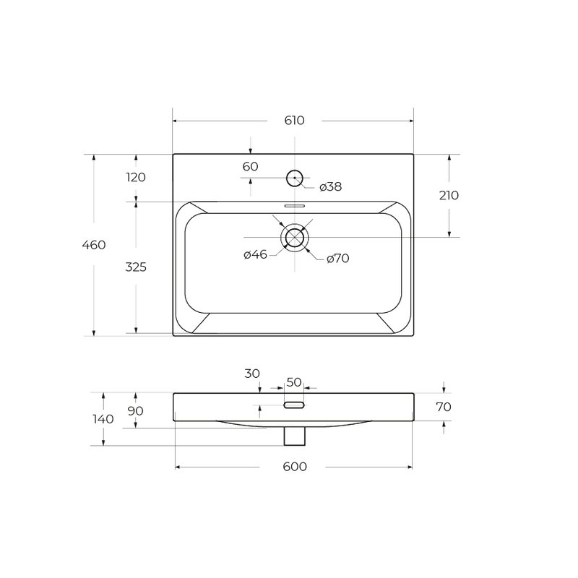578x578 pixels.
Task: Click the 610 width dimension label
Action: [295, 121]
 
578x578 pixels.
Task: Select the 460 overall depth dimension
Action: [94, 245]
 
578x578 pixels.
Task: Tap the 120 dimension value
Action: [136, 177]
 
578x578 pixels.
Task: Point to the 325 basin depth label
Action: [136, 267]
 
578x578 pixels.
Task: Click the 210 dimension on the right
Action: [449, 195]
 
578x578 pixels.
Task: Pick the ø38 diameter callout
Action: [331, 187]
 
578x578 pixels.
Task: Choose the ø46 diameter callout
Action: [256, 254]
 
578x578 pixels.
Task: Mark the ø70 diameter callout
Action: [337, 259]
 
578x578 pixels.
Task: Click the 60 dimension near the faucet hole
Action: [250, 167]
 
